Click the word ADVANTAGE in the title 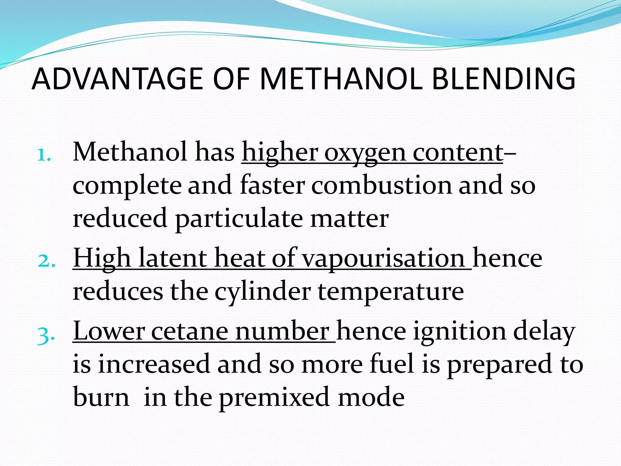pyautogui.click(x=117, y=79)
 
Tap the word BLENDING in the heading pyautogui.click(x=503, y=79)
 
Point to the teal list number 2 pyautogui.click(x=46, y=261)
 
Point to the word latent pyautogui.click(x=173, y=258)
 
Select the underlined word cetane pyautogui.click(x=190, y=331)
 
